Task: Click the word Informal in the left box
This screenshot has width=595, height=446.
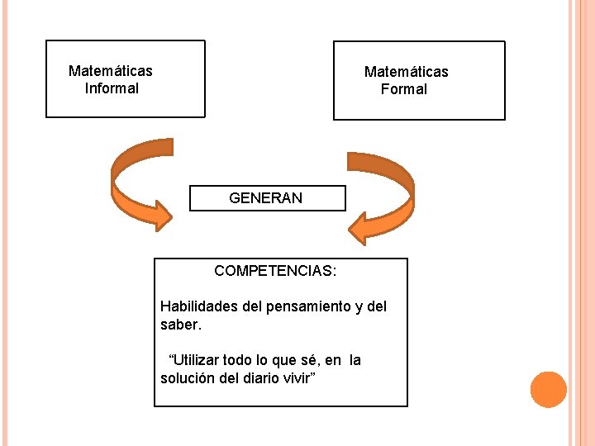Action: [x=112, y=88]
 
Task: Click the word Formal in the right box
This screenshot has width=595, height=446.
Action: [x=404, y=89]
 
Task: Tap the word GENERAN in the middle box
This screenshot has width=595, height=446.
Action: [x=265, y=198]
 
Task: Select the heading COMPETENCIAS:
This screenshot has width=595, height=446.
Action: [x=275, y=271]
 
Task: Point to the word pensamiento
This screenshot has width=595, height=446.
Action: [x=308, y=307]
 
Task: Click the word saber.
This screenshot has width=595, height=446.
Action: [x=180, y=325]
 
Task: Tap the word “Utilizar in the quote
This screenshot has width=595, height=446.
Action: [x=196, y=360]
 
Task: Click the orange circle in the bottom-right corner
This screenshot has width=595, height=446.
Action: [x=548, y=390]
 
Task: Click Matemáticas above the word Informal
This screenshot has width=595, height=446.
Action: [x=110, y=71]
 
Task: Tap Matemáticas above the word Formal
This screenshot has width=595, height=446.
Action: [x=407, y=72]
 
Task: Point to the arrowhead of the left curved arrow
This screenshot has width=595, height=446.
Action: [x=157, y=216]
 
